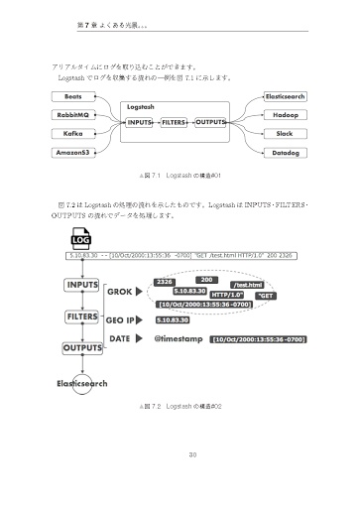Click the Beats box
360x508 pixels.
click(72, 97)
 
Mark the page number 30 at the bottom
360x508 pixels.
click(180, 455)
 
